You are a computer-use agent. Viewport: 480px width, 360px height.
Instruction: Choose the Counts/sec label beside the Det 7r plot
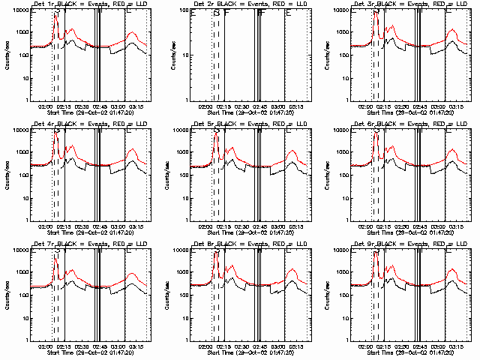(9, 295)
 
